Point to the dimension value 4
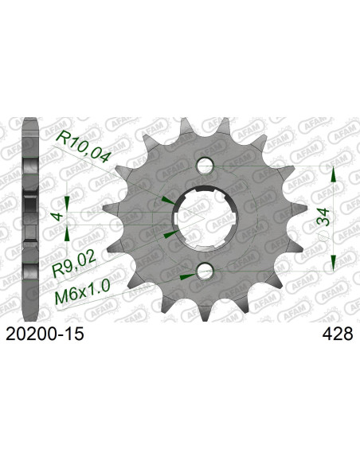[54, 215]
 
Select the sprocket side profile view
[30, 216]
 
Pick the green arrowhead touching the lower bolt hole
[188, 276]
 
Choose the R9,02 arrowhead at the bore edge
[168, 235]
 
